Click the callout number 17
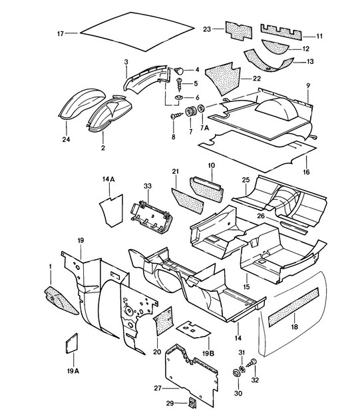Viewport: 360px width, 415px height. pos(61,33)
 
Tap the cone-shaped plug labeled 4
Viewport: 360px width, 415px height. pos(179,71)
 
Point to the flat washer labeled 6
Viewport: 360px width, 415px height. pos(179,97)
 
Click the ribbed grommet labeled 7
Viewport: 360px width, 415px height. pos(190,112)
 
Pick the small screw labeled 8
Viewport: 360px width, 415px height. pos(176,116)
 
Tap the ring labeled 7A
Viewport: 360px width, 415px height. pos(202,109)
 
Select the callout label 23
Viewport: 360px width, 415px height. pos(207,29)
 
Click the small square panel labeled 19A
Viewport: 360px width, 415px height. pos(72,344)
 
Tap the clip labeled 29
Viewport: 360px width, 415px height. pos(190,403)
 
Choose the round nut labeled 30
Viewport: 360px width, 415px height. pos(235,373)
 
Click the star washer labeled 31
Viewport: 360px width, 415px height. pos(242,369)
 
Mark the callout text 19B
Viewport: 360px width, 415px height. pos(208,353)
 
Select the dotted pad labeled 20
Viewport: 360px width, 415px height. pos(164,320)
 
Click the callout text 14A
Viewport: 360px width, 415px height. pos(108,179)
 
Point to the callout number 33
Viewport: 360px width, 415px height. pos(148,186)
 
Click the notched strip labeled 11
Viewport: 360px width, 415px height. pos(281,32)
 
